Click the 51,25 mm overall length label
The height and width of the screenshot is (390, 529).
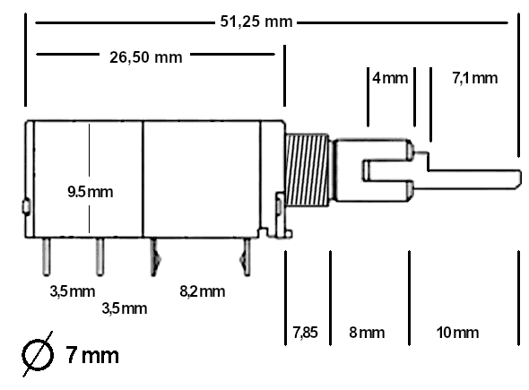point(258,21)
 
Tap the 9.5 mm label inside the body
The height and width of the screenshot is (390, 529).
point(91,191)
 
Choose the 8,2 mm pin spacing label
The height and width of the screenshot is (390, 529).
point(201,290)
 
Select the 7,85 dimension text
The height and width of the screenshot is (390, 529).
point(304,333)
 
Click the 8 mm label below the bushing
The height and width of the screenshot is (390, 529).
point(366,333)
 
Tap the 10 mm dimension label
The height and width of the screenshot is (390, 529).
point(457,333)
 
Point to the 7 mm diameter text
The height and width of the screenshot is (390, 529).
point(92,355)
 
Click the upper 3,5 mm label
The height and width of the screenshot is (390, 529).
point(72,290)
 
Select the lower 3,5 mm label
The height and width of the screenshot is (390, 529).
point(123,308)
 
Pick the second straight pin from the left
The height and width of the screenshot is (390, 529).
point(98,256)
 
